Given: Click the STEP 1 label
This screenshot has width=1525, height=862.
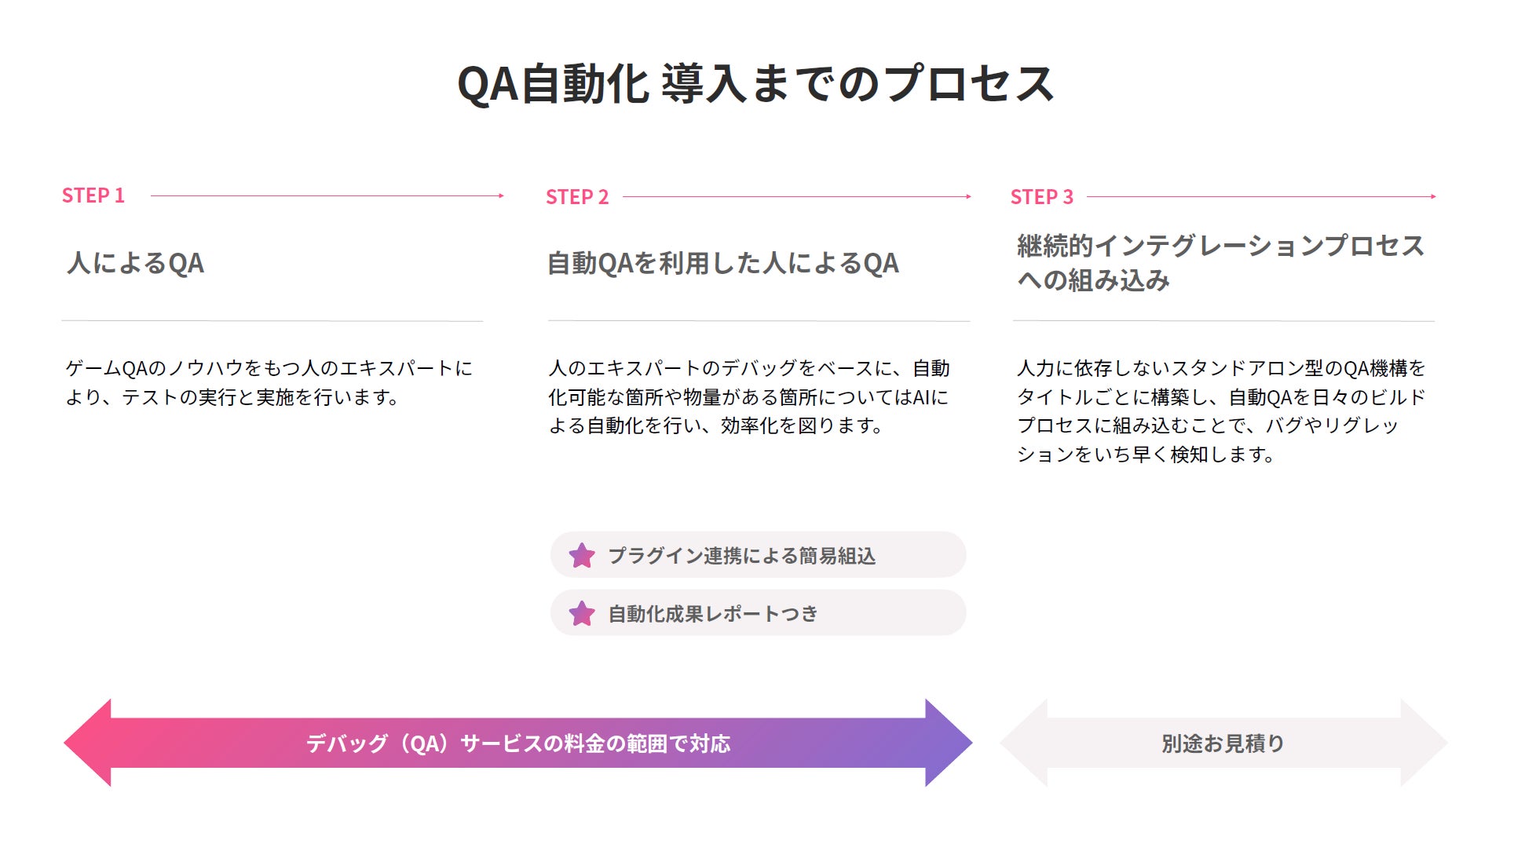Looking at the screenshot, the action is [x=93, y=195].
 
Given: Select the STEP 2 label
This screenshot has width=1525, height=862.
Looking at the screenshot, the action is [x=577, y=197].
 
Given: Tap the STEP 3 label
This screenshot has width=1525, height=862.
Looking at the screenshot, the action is [x=1041, y=197].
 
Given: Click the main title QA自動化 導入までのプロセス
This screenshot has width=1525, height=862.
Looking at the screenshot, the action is [x=755, y=83].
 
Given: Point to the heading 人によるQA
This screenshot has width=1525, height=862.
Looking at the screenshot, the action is [x=136, y=263].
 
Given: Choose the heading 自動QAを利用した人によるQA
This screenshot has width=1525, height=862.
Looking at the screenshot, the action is [x=722, y=263].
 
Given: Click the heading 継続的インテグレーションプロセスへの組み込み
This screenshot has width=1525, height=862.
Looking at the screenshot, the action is [x=1220, y=262].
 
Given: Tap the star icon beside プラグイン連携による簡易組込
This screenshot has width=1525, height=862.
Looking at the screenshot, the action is [x=582, y=555].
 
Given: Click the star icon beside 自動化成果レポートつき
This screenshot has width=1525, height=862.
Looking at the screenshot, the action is [x=582, y=613].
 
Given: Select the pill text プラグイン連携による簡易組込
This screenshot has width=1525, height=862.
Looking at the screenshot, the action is [x=741, y=556].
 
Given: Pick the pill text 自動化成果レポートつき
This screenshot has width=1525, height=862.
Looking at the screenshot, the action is [x=713, y=614].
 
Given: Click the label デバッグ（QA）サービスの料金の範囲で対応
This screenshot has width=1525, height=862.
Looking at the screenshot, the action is [x=518, y=743].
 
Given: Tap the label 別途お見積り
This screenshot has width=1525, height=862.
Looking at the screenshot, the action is [x=1223, y=743].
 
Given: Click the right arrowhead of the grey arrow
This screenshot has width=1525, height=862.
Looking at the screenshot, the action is [x=1423, y=743].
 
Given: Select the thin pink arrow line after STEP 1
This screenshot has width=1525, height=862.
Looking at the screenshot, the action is [x=326, y=195].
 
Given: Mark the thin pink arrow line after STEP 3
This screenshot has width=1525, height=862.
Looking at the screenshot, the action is [x=1260, y=196].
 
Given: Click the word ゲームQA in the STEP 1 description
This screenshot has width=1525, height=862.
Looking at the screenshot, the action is [x=105, y=368].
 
